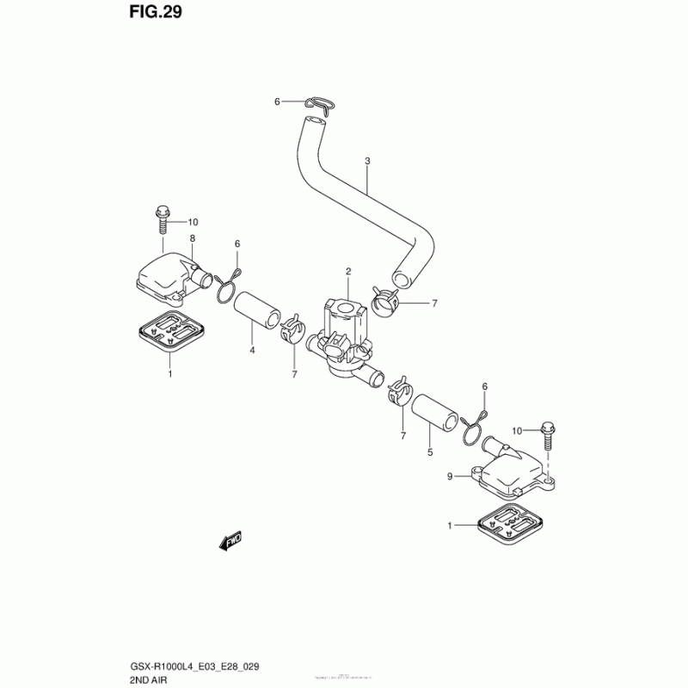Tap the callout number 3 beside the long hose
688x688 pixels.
[x=366, y=161]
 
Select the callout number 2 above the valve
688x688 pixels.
[x=349, y=272]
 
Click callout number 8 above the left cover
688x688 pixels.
[x=193, y=238]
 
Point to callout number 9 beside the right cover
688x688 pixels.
[x=450, y=476]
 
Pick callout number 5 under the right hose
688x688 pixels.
[x=430, y=449]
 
